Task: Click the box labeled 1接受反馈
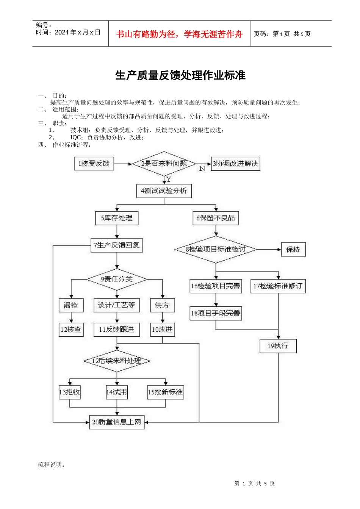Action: click(x=94, y=164)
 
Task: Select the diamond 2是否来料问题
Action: click(x=164, y=164)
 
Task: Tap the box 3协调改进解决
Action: click(x=235, y=164)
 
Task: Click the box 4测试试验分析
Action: click(x=164, y=191)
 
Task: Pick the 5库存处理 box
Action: click(x=117, y=218)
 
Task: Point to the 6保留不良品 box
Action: click(x=216, y=218)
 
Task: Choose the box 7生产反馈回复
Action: click(x=117, y=245)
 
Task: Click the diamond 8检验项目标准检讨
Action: click(x=216, y=249)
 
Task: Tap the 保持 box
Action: click(x=293, y=250)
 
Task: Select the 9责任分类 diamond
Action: click(x=117, y=279)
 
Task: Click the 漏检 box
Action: click(x=71, y=305)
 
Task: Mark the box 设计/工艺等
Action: click(x=117, y=305)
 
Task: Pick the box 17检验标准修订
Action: click(x=278, y=286)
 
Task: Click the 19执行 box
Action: click(x=278, y=346)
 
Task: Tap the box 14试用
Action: click(x=117, y=392)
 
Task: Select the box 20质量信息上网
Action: click(x=117, y=422)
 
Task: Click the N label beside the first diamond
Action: click(x=202, y=169)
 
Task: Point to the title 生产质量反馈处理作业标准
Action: click(x=180, y=75)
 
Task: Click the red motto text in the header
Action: click(x=179, y=34)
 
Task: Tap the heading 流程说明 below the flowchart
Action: click(x=51, y=465)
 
